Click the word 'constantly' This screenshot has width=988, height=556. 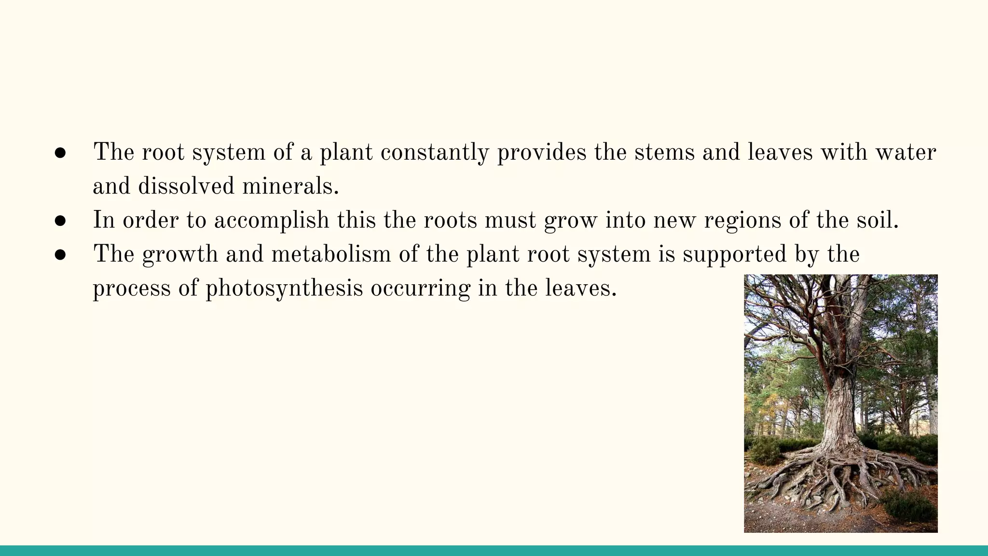(x=435, y=153)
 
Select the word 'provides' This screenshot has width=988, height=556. (x=542, y=153)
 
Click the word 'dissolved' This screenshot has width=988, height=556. (x=186, y=186)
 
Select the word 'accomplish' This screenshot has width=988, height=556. (x=272, y=221)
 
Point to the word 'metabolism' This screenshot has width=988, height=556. (x=331, y=254)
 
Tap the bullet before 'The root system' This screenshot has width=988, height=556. (x=60, y=153)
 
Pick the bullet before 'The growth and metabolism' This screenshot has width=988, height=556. (x=60, y=255)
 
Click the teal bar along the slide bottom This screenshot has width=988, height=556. (x=494, y=551)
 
